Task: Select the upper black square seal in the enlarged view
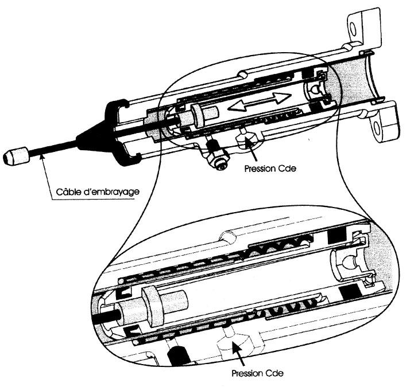334,236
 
